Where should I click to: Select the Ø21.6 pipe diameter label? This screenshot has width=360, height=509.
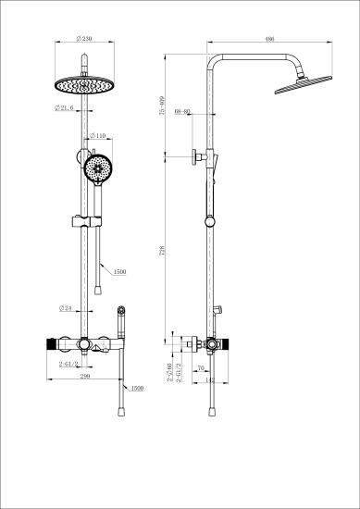(65, 108)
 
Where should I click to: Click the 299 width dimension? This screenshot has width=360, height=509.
(84, 378)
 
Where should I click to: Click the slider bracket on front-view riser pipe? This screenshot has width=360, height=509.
(85, 222)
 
